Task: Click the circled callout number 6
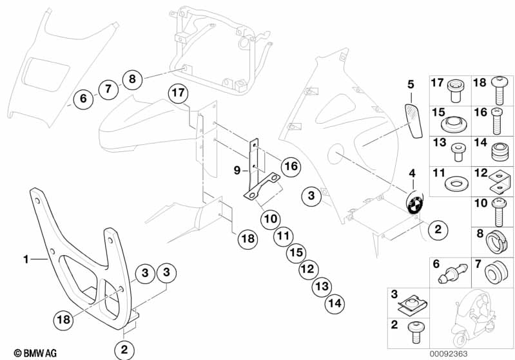[83, 99]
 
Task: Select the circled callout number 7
[108, 89]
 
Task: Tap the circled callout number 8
[132, 79]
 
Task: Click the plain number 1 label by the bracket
[26, 260]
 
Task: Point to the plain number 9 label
[237, 171]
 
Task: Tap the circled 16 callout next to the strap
[290, 166]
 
